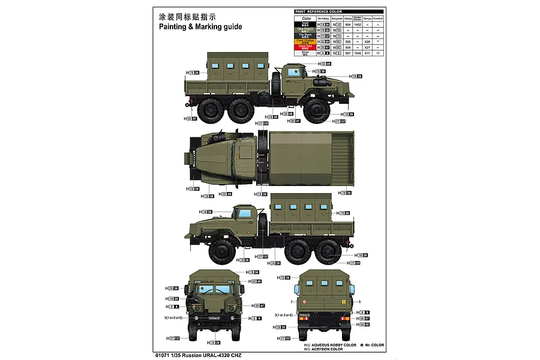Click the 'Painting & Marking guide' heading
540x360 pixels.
click(x=200, y=27)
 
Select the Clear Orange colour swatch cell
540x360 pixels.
click(x=305, y=41)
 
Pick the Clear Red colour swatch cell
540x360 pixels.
click(x=305, y=47)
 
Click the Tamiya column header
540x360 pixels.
click(x=367, y=18)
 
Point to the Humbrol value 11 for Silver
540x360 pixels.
click(x=378, y=53)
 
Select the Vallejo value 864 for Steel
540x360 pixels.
click(x=348, y=24)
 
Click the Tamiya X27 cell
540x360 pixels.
click(x=367, y=47)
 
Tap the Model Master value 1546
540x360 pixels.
click(x=358, y=53)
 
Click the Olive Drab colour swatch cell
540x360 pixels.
click(x=305, y=29)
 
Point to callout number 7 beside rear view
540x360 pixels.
click(x=291, y=302)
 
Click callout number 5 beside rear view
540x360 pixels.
click(x=359, y=302)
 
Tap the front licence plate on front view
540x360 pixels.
click(x=214, y=317)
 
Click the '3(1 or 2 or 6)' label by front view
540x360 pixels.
click(x=174, y=317)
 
